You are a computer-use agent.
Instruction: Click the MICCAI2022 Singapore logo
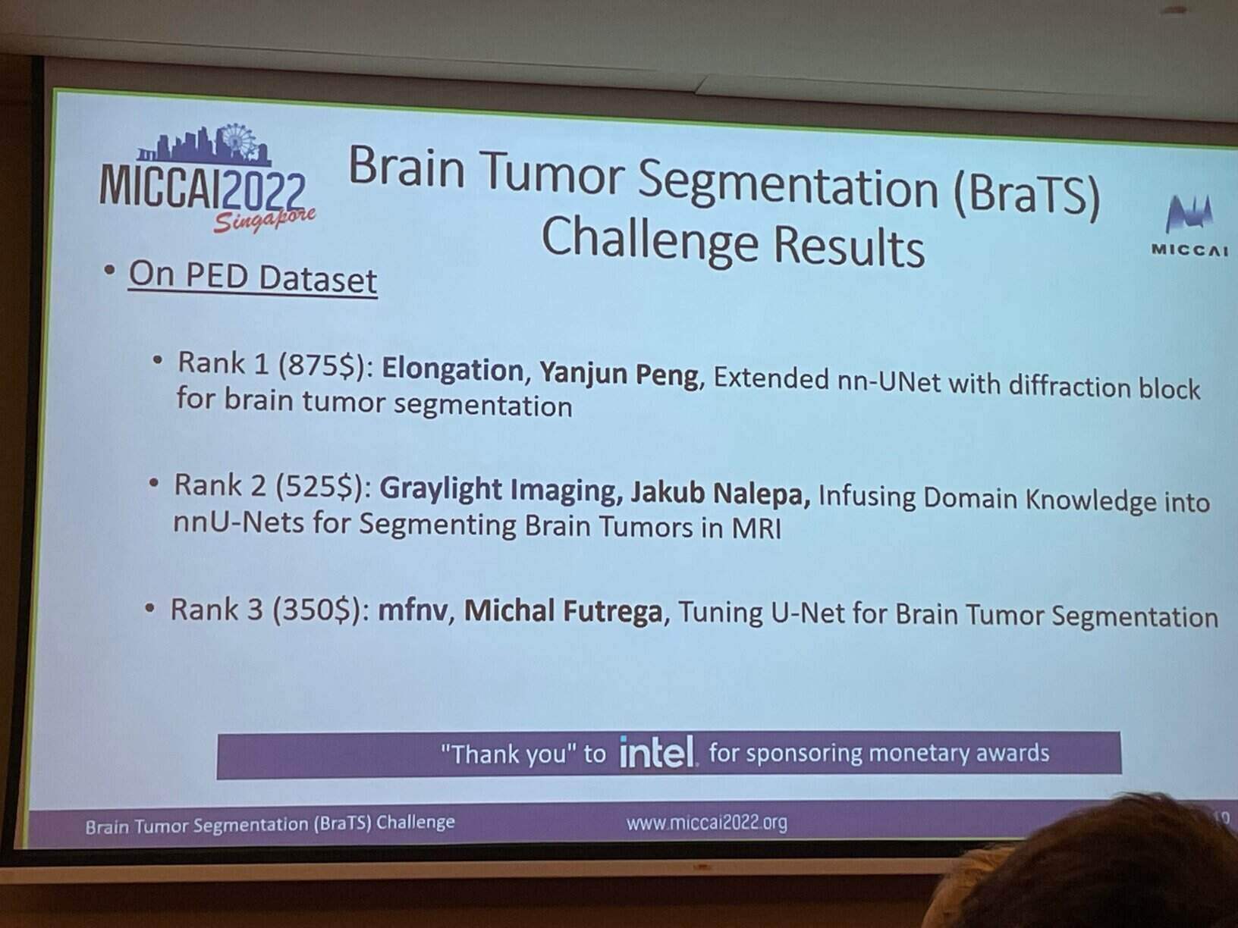(208, 179)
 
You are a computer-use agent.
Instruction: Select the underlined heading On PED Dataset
(253, 277)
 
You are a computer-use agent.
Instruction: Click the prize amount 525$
(320, 486)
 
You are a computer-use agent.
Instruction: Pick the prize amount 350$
(317, 610)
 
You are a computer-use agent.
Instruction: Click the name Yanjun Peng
(619, 374)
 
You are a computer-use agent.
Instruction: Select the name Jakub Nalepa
(720, 494)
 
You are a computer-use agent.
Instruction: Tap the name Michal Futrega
(563, 611)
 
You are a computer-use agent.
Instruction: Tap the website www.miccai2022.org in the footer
(707, 823)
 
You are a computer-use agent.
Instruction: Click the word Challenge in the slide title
(649, 240)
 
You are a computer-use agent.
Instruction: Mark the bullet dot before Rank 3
(149, 608)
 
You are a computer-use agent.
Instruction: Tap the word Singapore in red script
(264, 221)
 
